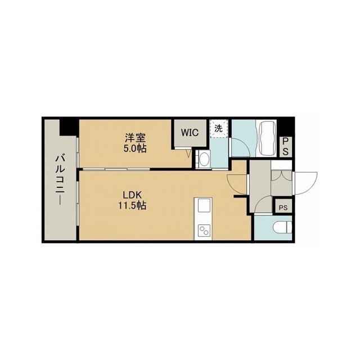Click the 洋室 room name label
pyautogui.click(x=135, y=138)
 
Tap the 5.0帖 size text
pyautogui.click(x=135, y=148)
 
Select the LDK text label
pyautogui.click(x=132, y=195)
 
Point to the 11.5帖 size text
pyautogui.click(x=132, y=205)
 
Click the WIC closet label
pyautogui.click(x=190, y=133)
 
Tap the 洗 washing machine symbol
pyautogui.click(x=219, y=129)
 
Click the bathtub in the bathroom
pyautogui.click(x=267, y=138)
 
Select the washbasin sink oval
pyautogui.click(x=204, y=160)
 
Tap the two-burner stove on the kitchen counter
pyautogui.click(x=204, y=231)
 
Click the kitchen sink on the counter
pyautogui.click(x=204, y=206)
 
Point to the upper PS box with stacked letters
pyautogui.click(x=285, y=146)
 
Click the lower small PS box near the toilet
pyautogui.click(x=283, y=208)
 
